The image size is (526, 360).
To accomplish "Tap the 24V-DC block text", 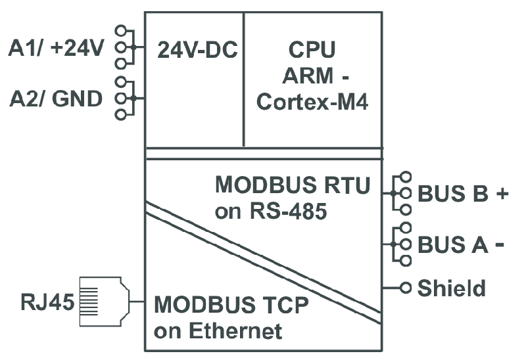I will click(x=197, y=51).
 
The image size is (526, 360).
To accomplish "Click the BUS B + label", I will click(x=465, y=194).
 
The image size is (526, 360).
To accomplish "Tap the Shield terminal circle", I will click(x=406, y=288).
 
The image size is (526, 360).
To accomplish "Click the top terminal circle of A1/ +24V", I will click(x=120, y=31).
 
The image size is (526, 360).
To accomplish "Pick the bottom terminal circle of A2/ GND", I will click(x=120, y=115).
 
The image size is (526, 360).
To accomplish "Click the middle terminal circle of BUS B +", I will click(x=406, y=194).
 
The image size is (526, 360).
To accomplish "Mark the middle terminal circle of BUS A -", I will click(x=406, y=244).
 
